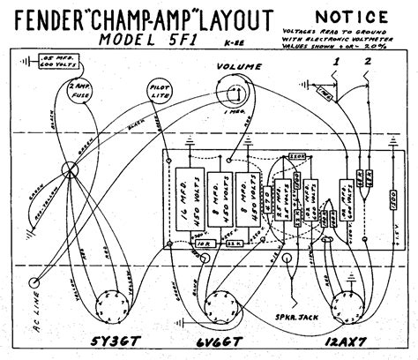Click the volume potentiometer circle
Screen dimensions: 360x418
point(235,97)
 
